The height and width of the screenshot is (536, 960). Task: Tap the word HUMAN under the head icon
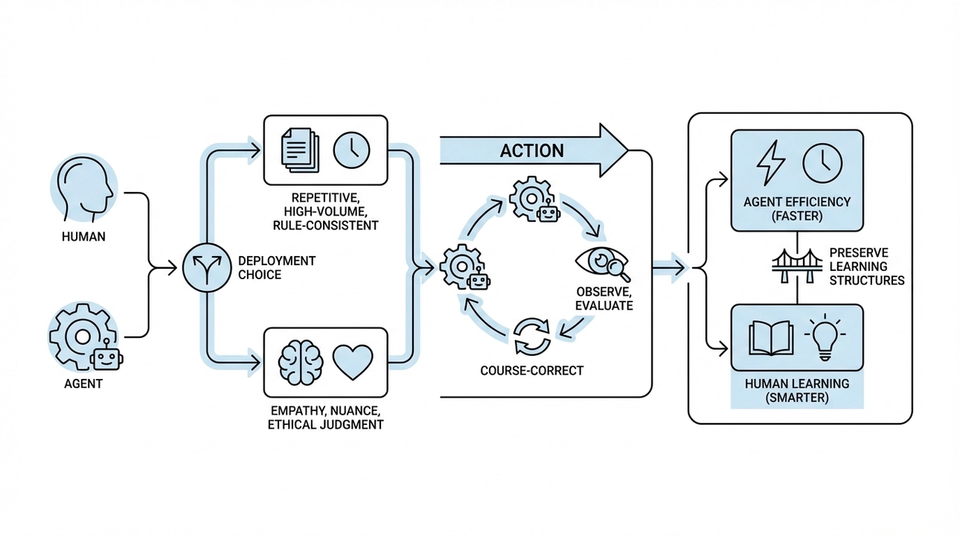coord(84,237)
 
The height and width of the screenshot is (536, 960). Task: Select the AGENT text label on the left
coord(83,384)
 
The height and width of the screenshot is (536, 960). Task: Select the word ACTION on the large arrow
coord(531,150)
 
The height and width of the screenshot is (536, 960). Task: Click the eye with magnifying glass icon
coord(603,264)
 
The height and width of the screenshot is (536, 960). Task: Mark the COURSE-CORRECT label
coord(531,370)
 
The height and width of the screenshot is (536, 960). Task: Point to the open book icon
coord(770,339)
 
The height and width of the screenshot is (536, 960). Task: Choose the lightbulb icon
coord(826,337)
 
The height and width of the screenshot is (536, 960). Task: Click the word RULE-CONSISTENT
coord(325,225)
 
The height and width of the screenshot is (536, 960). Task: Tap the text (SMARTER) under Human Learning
coord(797,398)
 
